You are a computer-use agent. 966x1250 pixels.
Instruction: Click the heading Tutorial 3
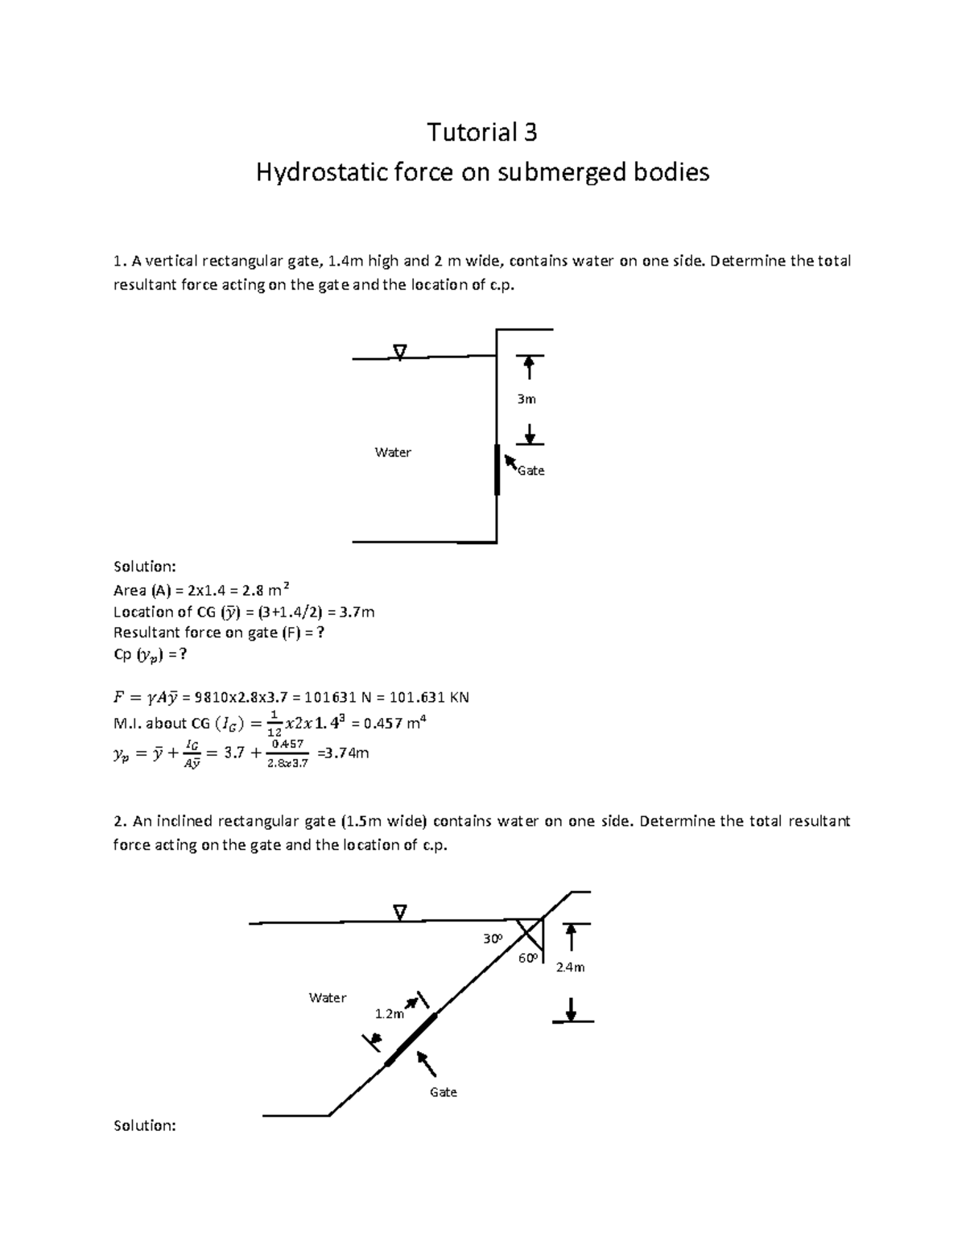click(481, 132)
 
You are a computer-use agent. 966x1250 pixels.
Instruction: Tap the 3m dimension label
click(526, 399)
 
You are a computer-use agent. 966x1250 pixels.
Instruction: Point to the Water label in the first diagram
click(393, 452)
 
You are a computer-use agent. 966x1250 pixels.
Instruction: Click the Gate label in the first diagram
click(531, 471)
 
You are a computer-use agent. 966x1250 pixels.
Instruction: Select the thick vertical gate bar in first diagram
click(497, 469)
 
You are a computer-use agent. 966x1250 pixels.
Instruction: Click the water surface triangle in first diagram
click(400, 351)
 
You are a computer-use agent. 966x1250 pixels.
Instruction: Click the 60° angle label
click(527, 959)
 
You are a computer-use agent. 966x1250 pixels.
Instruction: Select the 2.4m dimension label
click(570, 967)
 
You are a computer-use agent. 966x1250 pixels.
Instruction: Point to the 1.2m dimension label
click(389, 1014)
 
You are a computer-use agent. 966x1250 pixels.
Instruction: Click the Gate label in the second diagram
click(443, 1092)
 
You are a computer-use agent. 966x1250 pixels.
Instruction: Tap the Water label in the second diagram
click(328, 998)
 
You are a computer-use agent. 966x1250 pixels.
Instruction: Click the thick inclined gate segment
click(411, 1040)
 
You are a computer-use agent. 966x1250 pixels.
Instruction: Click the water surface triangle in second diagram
click(400, 912)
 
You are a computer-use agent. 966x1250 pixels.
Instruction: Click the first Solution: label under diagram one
click(145, 567)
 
